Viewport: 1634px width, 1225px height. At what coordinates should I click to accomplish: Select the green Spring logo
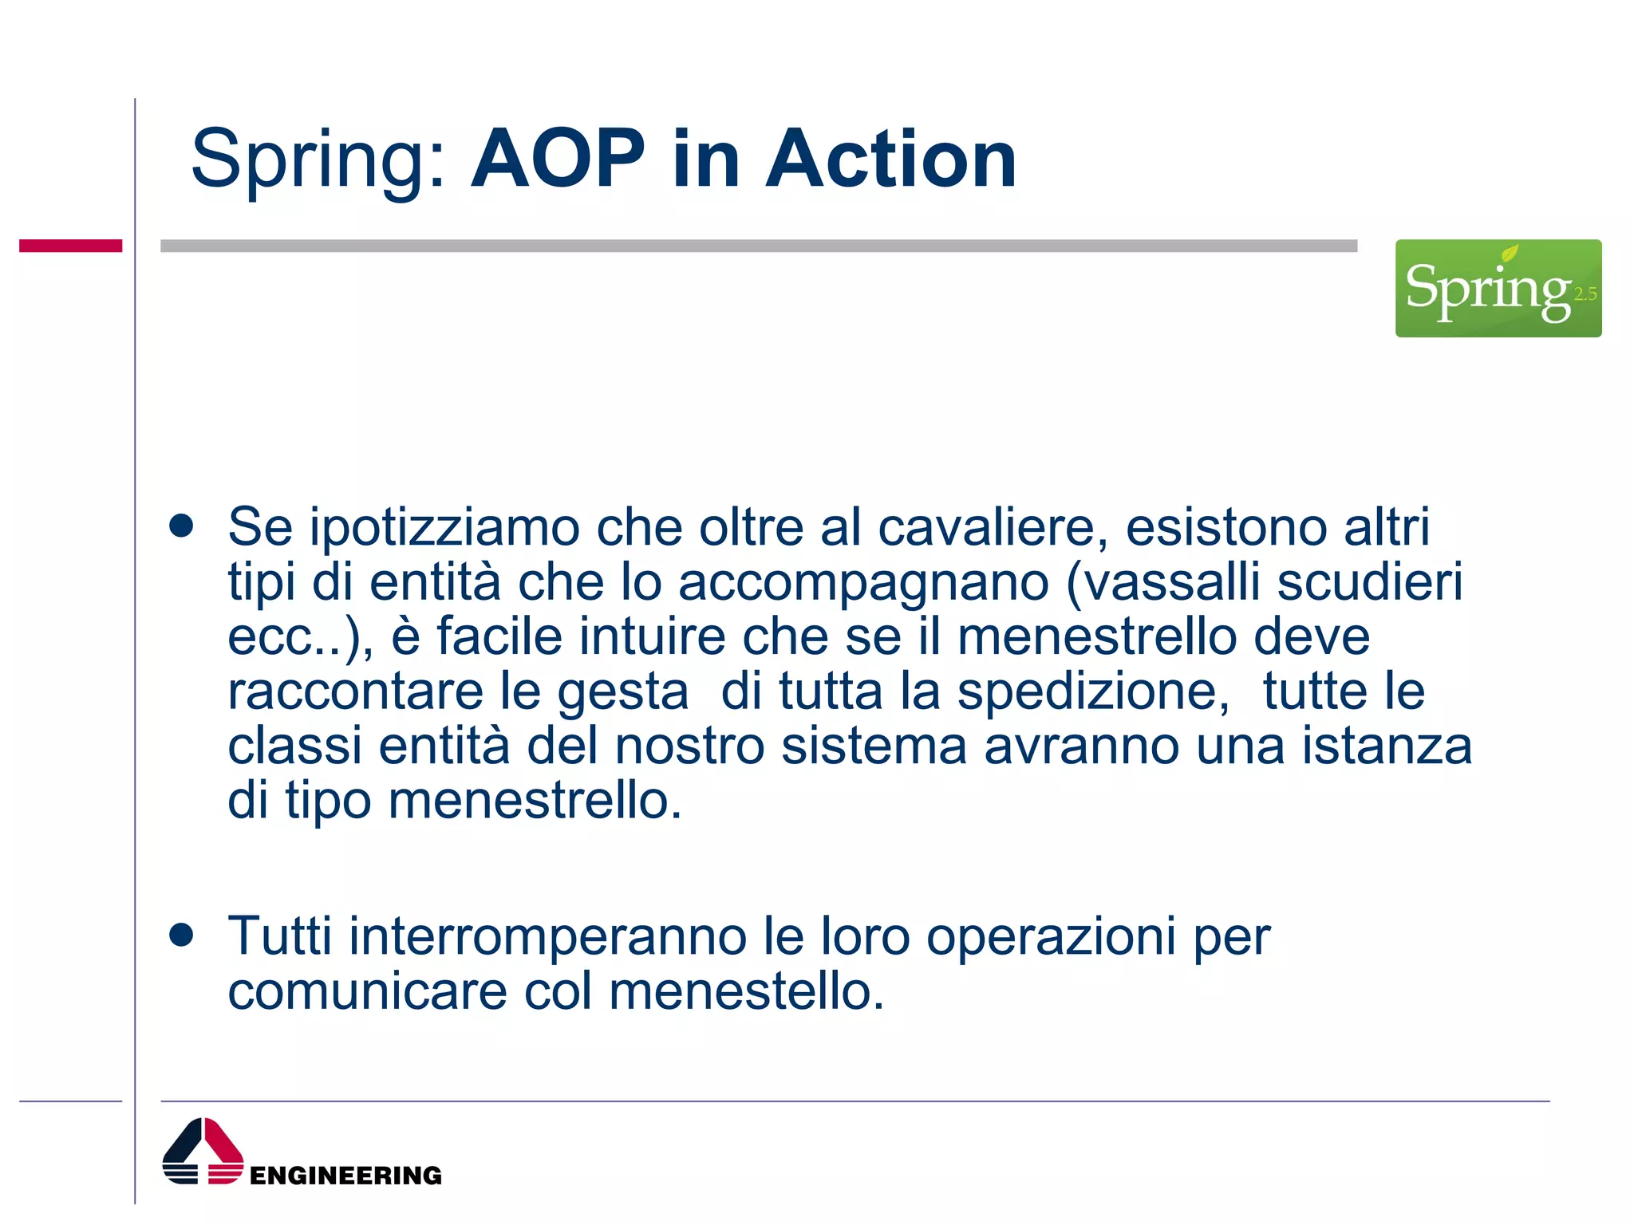(x=1498, y=288)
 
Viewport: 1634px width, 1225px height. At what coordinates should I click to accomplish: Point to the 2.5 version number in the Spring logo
(x=1585, y=294)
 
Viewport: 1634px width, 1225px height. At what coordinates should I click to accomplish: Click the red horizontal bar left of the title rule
(x=70, y=246)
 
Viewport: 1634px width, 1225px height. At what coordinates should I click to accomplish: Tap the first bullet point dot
(x=182, y=526)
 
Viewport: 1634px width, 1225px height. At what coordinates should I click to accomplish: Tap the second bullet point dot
(x=182, y=935)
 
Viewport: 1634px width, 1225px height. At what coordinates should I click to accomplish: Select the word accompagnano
(x=863, y=582)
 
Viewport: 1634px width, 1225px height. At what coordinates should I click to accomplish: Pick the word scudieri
(x=1370, y=582)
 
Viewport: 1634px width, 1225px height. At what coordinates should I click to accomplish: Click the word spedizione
(x=1093, y=691)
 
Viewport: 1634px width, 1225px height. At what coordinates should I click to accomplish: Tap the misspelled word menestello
(x=746, y=991)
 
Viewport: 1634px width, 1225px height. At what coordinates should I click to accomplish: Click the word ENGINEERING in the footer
(x=345, y=1176)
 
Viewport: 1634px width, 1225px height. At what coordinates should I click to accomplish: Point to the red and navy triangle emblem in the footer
(x=203, y=1152)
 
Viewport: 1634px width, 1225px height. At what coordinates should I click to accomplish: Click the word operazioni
(x=1051, y=937)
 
